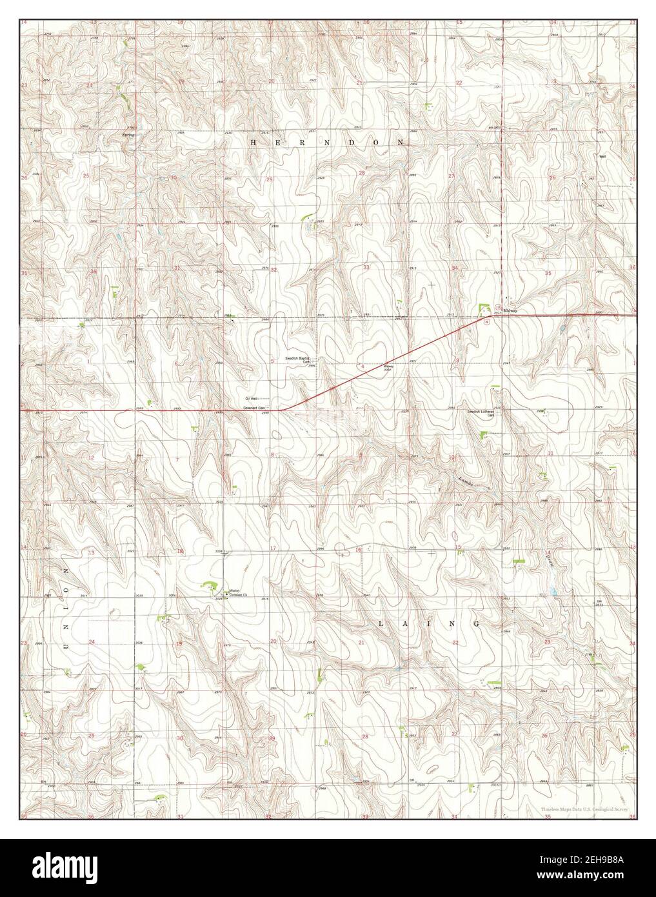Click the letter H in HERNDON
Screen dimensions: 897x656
[x=253, y=141]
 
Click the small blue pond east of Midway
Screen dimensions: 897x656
[x=562, y=328]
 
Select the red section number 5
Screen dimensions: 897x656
[x=273, y=361]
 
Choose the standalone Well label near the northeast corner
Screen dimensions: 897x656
[x=602, y=156]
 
